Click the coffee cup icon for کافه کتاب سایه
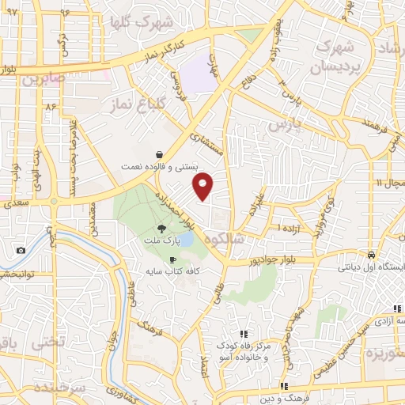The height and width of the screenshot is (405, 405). [x=172, y=259]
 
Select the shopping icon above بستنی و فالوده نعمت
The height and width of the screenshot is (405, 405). [x=161, y=154]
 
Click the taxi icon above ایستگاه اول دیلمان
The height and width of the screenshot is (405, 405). [x=371, y=255]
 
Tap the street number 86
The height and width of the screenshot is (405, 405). [x=52, y=104]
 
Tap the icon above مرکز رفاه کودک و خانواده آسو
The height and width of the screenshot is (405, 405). [x=244, y=335]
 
